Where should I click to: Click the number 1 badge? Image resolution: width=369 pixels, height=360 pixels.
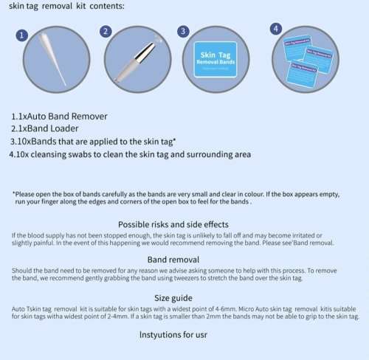coord(23,35)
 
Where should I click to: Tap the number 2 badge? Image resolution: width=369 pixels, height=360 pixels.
coord(106,32)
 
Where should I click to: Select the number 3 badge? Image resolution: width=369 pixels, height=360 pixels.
coord(183,31)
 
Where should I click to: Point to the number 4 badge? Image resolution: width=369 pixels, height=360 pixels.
coord(275,29)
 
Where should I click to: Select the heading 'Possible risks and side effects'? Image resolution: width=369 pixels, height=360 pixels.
coord(183,224)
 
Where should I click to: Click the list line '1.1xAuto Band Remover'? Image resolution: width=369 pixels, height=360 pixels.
coord(59,117)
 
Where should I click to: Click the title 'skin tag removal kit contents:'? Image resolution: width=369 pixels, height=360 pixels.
coord(62,7)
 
